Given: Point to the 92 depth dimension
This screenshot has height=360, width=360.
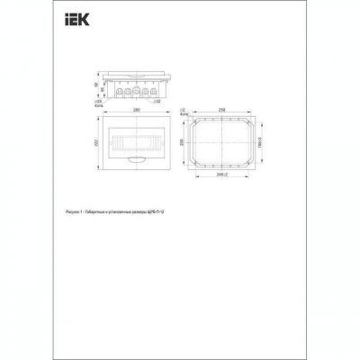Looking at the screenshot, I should pyautogui.click(x=97, y=86).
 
